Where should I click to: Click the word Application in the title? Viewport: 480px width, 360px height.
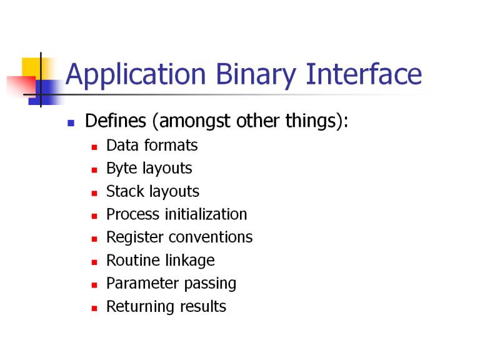(136, 75)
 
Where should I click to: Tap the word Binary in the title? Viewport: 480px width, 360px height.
(256, 75)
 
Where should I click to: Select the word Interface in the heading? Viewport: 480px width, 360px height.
(364, 74)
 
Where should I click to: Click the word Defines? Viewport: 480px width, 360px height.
(116, 121)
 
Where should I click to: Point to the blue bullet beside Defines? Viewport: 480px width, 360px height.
(71, 123)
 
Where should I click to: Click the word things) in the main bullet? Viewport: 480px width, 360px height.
(316, 121)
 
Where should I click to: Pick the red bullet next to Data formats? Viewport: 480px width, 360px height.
(94, 147)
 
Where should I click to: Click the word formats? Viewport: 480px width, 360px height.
(171, 145)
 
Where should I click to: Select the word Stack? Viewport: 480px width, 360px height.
(125, 191)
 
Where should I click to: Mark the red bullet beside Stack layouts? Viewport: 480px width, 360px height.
(94, 194)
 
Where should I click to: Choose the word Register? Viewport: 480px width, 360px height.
(135, 237)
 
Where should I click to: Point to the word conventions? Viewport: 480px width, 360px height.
(211, 237)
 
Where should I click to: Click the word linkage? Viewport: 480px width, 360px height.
(190, 261)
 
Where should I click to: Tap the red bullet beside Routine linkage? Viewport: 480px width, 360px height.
(94, 262)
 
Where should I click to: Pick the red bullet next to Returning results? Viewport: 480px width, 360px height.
(94, 309)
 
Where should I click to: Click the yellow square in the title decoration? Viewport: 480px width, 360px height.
(31, 68)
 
